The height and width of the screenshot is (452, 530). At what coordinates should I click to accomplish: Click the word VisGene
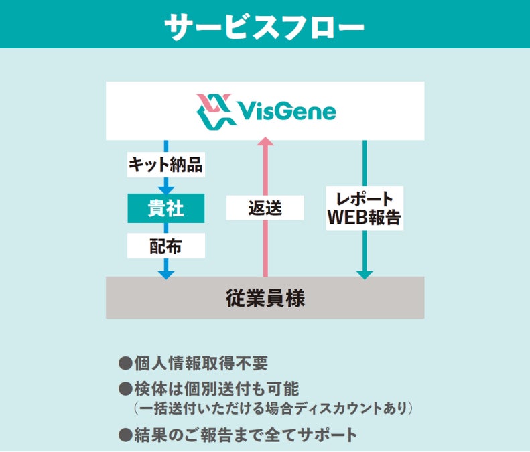[287, 111]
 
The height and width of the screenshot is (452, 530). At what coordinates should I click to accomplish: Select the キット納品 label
[165, 165]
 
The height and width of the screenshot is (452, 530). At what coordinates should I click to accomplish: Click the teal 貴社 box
[165, 209]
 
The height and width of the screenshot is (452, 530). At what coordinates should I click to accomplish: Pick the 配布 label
[165, 246]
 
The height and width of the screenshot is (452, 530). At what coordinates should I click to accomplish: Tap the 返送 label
[265, 208]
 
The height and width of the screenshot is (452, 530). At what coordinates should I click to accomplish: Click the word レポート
[365, 198]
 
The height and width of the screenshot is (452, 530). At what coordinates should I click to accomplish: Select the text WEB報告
[365, 218]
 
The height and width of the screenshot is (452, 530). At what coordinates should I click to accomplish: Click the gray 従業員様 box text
[265, 297]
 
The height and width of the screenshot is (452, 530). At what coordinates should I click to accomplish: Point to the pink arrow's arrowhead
[265, 141]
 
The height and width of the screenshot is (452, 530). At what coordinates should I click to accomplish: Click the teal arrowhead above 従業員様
[365, 273]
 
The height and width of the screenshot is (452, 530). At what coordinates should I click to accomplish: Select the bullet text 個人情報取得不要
[201, 364]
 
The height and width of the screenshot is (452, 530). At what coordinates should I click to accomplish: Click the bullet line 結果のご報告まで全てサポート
[245, 435]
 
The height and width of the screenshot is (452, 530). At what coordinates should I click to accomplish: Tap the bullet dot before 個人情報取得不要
[125, 364]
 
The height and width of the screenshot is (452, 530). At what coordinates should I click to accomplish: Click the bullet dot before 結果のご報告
[125, 435]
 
